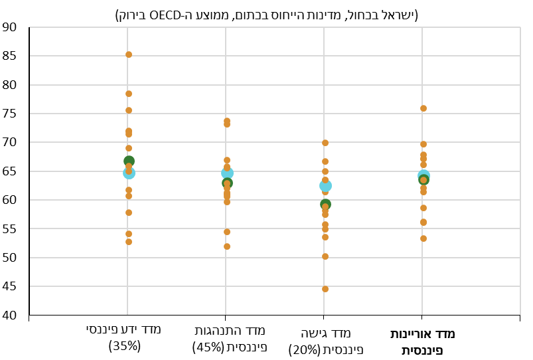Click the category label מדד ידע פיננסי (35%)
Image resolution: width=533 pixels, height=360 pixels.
(124, 337)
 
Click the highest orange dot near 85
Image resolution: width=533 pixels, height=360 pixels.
(129, 54)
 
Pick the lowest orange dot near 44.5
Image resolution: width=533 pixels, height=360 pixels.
(325, 289)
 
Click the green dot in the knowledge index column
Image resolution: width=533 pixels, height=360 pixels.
(129, 161)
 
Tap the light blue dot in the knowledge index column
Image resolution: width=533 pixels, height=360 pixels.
(129, 173)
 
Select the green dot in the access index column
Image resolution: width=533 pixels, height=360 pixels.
(325, 205)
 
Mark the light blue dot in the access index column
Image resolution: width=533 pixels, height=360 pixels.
(325, 186)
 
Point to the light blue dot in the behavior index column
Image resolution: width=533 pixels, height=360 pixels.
(227, 173)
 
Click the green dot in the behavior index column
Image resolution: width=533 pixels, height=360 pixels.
(227, 183)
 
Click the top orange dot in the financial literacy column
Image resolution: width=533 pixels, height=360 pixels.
(423, 108)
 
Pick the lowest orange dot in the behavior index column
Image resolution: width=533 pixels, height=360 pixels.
(227, 246)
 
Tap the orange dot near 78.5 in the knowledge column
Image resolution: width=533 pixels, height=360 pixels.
(129, 94)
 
